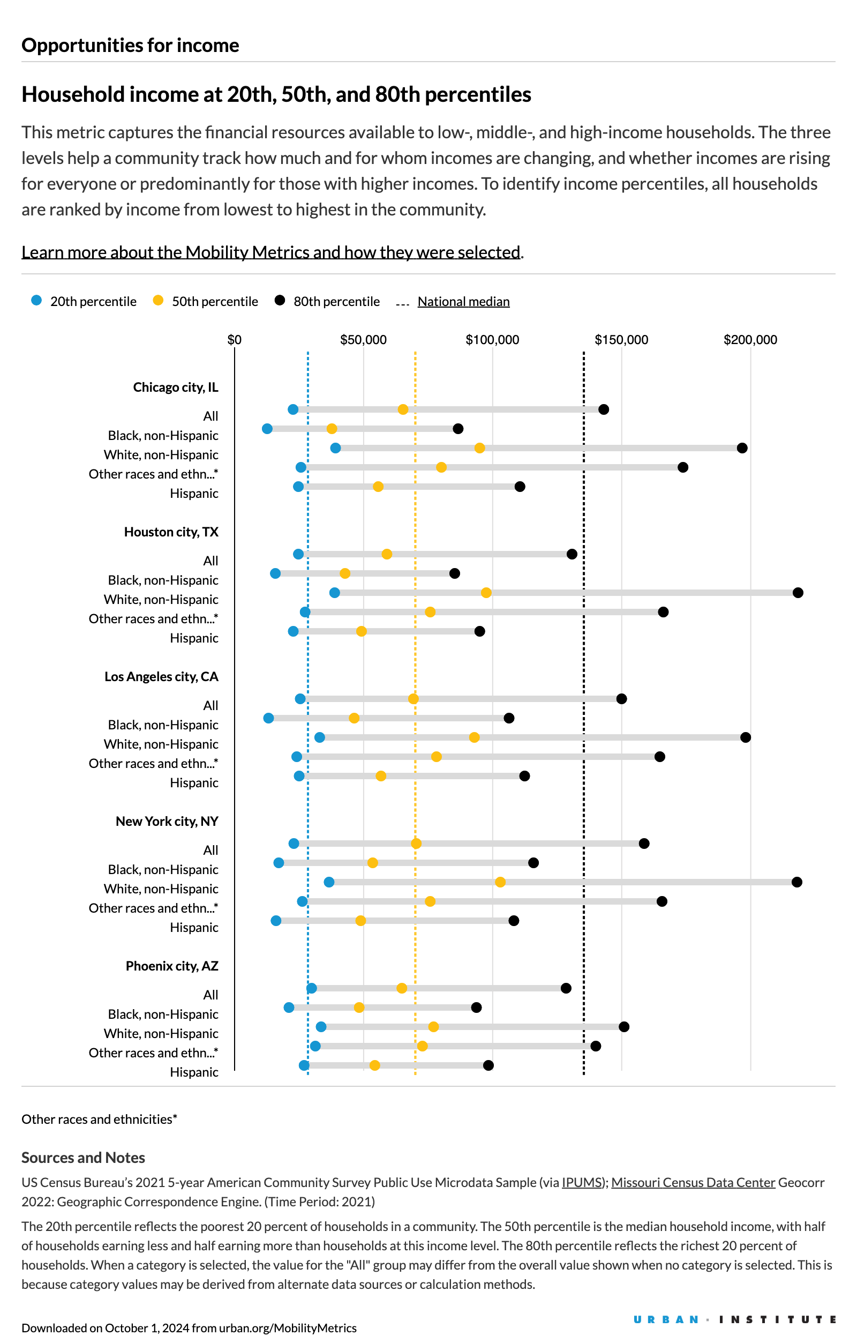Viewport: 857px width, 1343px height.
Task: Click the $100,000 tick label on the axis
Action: (x=492, y=340)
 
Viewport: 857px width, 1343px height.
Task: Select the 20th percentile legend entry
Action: (x=84, y=301)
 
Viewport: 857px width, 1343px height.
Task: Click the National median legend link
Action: (x=463, y=301)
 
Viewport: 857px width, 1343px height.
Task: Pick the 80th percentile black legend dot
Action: (x=280, y=301)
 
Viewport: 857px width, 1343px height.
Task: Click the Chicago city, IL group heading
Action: (x=175, y=387)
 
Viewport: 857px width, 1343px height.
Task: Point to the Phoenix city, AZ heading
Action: (x=172, y=965)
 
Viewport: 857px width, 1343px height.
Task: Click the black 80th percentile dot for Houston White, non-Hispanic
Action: (x=798, y=592)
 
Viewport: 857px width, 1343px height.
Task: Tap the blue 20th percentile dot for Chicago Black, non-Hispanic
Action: (x=267, y=428)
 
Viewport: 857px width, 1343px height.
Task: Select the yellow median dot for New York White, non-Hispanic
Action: (x=500, y=882)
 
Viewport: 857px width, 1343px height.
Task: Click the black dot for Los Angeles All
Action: (x=621, y=699)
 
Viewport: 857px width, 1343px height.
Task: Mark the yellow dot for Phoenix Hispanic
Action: (x=375, y=1065)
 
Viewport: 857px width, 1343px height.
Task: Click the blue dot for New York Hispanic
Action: (x=276, y=920)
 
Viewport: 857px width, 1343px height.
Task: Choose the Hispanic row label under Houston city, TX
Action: (x=193, y=638)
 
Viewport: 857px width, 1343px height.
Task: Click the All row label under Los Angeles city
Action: (x=210, y=705)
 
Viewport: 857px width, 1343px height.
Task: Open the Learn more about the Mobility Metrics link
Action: (x=271, y=252)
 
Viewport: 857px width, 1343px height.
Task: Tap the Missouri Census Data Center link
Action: (x=693, y=1182)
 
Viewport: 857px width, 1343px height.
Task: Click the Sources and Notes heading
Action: (x=83, y=1158)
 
